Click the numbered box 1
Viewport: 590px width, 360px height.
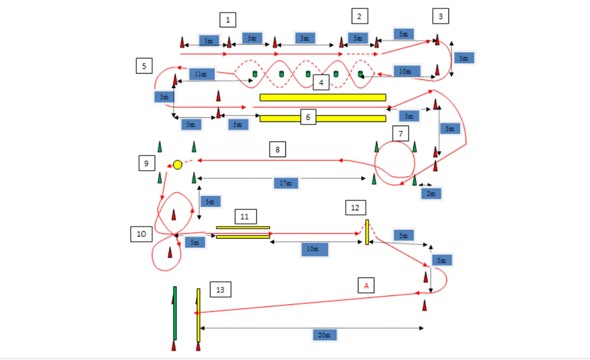tap(228, 20)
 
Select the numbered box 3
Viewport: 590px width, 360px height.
tap(441, 16)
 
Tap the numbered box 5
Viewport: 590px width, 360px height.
tap(144, 66)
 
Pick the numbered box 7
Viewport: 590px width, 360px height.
tap(400, 134)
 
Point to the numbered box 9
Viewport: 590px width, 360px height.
tap(146, 163)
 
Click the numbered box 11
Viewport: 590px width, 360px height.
tap(245, 217)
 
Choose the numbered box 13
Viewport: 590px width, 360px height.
tap(220, 290)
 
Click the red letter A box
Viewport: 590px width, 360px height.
tap(366, 286)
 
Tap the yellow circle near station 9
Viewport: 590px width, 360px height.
tap(178, 164)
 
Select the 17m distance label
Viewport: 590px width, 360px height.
tap(286, 183)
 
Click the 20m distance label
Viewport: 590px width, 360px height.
tap(324, 335)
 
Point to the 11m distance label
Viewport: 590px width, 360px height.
tap(202, 74)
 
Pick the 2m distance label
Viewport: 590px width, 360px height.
tap(431, 193)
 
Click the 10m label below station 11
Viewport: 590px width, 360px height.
tap(312, 249)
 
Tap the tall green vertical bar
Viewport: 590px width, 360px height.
tap(175, 313)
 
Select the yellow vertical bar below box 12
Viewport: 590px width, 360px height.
tap(367, 232)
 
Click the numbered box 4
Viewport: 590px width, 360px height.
tap(321, 83)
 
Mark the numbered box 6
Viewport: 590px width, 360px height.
tap(308, 117)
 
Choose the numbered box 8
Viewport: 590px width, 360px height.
tap(277, 149)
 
